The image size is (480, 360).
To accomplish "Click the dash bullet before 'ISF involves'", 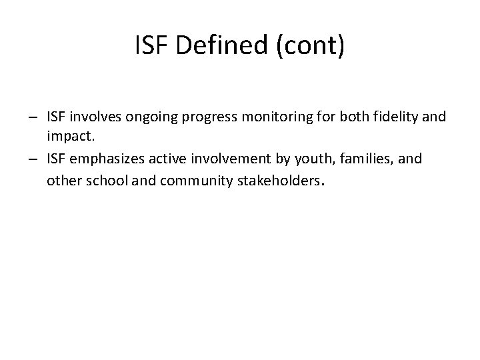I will point(32,118).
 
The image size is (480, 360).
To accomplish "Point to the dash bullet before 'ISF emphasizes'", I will point(32,159).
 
